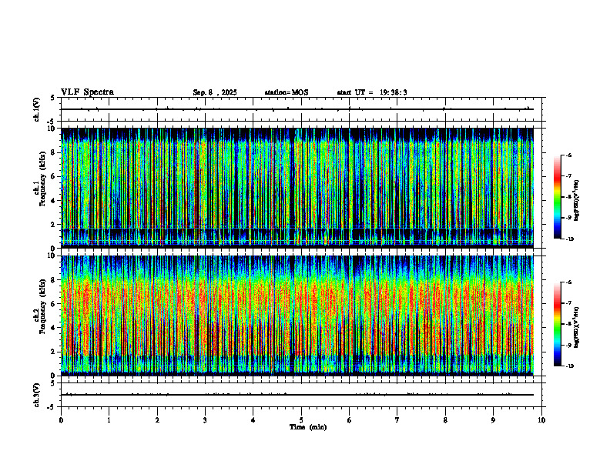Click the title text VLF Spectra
coord(87,92)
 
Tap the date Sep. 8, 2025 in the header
coord(215,92)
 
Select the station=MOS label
coord(286,92)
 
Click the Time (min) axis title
coord(307,427)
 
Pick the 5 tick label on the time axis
coord(301,420)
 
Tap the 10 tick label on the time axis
coord(541,420)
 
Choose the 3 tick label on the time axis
coord(205,420)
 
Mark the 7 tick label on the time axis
coord(397,420)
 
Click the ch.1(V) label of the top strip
coord(37,109)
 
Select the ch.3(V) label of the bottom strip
coord(37,394)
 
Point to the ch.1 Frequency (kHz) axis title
coord(39,188)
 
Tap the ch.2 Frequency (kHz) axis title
coord(39,315)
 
